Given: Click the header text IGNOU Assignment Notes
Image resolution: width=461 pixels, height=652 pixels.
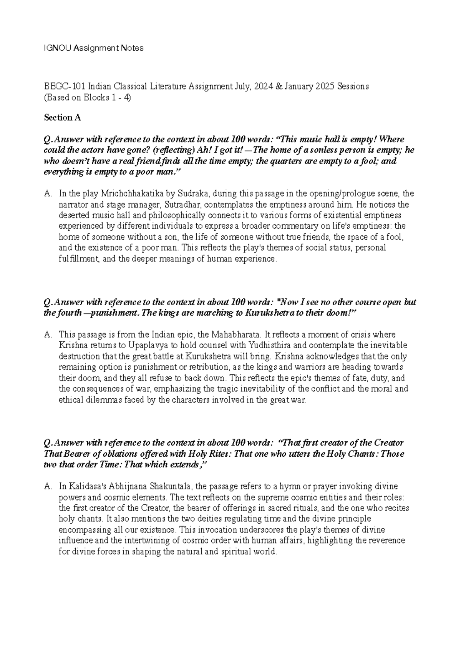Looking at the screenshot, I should coord(93,48).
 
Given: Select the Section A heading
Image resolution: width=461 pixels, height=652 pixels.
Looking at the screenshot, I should coord(62,118).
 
